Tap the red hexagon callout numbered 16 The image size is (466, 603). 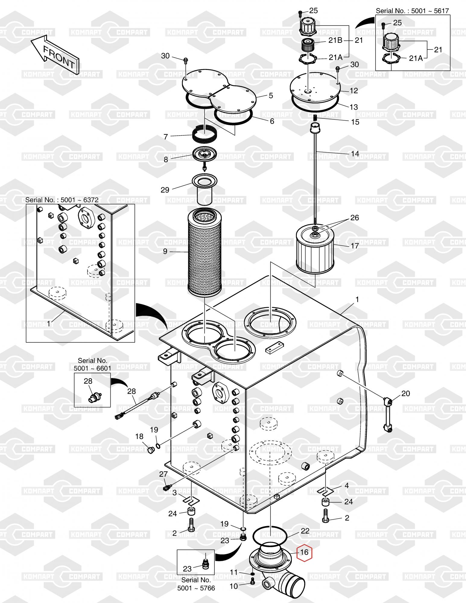tap(304, 552)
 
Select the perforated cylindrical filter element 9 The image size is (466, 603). tap(204, 252)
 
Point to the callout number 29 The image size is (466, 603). tap(165, 190)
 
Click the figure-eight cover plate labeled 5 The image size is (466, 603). tap(220, 93)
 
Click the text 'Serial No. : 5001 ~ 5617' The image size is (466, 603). tap(412, 11)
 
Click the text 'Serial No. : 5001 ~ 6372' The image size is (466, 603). tap(62, 200)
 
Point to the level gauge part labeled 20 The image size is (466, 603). tap(388, 415)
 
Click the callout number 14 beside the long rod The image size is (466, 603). tap(355, 154)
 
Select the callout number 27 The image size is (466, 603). tap(163, 474)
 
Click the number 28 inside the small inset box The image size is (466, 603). tap(88, 381)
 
